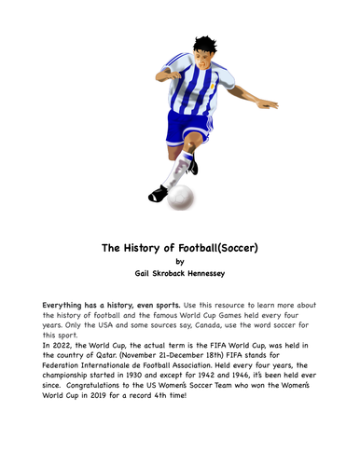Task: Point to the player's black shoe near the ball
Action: pos(159,193)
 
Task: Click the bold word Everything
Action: pos(74,305)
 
